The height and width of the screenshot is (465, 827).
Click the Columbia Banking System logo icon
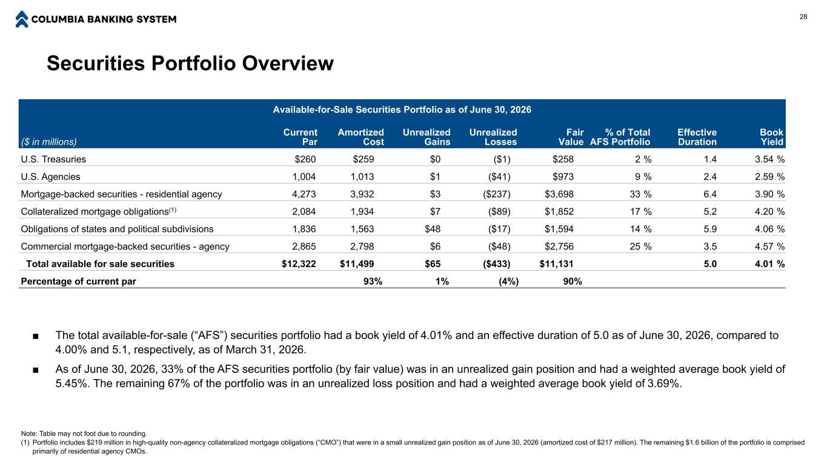[x=22, y=19]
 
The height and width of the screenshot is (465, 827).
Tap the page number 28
[x=803, y=17]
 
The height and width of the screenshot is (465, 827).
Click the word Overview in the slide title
[x=288, y=63]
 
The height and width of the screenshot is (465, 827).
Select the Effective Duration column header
[x=697, y=137]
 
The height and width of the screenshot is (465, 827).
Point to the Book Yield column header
[x=771, y=137]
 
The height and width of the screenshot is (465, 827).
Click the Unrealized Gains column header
[x=427, y=137]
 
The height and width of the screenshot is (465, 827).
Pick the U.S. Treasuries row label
[x=53, y=159]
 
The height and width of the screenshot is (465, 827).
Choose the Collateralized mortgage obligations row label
[x=99, y=211]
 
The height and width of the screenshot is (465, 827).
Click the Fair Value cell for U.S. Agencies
[x=563, y=177]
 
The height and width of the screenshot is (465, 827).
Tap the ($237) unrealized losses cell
[x=497, y=194]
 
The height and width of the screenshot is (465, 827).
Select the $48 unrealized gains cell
[x=433, y=229]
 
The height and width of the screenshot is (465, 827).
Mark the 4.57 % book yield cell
[x=769, y=246]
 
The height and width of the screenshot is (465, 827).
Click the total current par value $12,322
[x=299, y=264]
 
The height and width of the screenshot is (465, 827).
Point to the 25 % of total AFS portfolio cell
[x=640, y=246]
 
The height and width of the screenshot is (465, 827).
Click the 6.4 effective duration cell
[x=710, y=194]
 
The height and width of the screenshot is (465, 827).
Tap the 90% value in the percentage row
[x=573, y=282]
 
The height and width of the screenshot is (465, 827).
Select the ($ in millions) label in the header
[x=48, y=142]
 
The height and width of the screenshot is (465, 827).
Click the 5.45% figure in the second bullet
[x=71, y=384]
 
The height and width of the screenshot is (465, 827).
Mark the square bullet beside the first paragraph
[x=35, y=336]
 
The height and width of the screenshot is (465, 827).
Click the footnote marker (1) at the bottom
[x=25, y=443]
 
